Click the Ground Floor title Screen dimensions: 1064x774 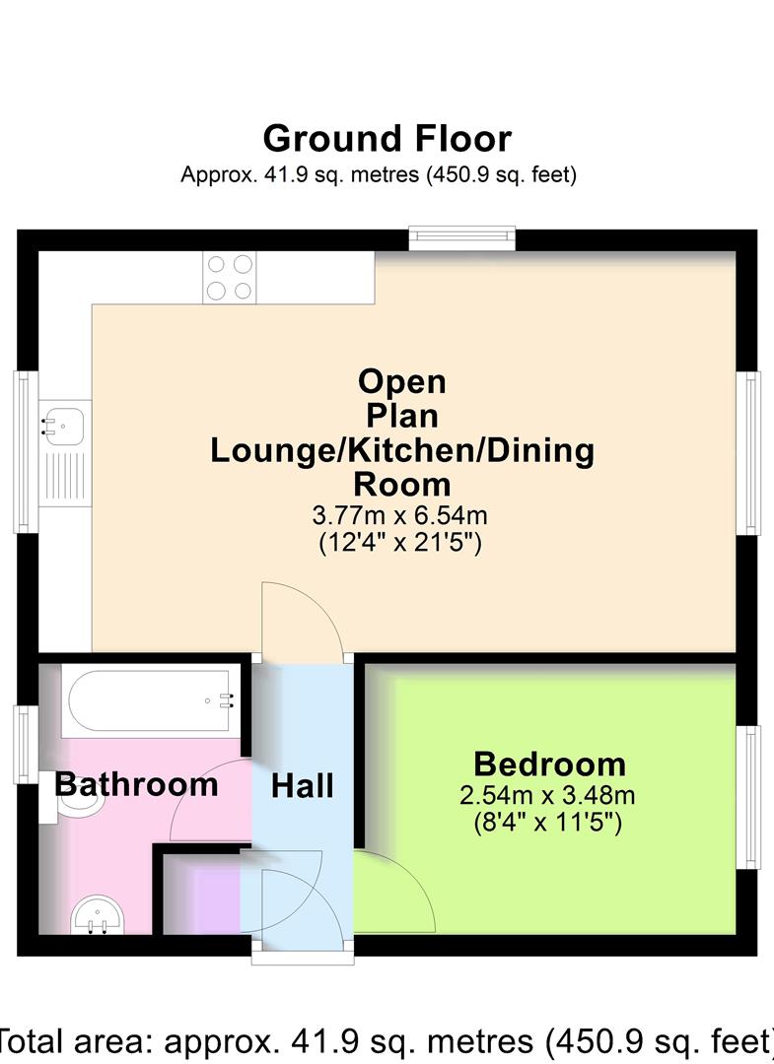click(387, 139)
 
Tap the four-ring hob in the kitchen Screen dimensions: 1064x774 click(229, 277)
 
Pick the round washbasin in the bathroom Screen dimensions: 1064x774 click(98, 914)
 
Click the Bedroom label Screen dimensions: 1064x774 click(549, 764)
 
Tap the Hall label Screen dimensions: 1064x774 click(303, 786)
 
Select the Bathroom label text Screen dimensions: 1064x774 click(136, 785)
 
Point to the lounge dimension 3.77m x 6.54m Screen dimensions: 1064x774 click(401, 514)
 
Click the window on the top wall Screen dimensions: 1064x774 click(462, 235)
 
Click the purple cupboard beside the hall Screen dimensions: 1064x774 click(201, 896)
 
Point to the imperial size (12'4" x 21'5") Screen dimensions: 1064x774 click(401, 542)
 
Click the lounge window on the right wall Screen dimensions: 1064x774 click(752, 454)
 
